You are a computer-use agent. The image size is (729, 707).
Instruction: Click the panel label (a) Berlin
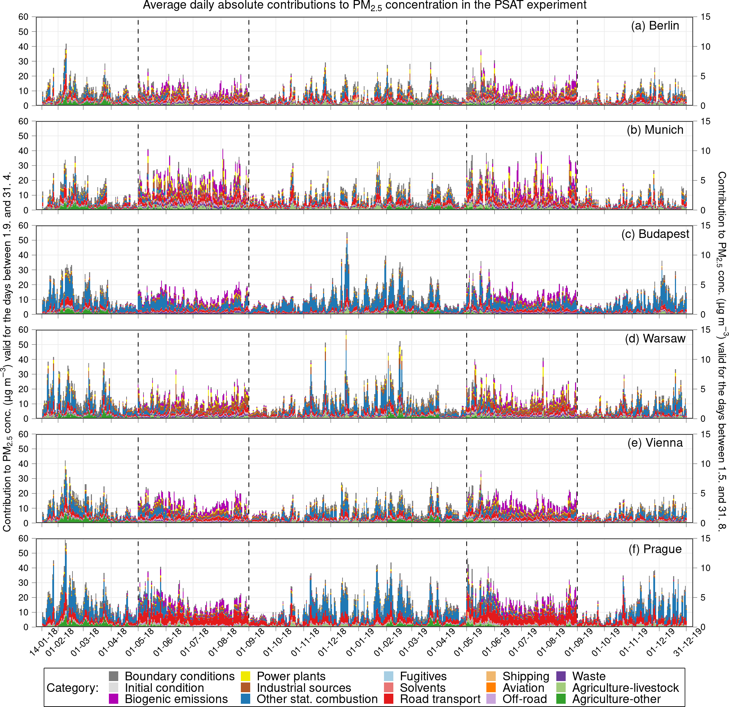[x=655, y=26]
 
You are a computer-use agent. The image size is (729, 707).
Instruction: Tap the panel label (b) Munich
[x=655, y=130]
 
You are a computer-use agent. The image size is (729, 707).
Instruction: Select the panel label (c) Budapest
[x=655, y=234]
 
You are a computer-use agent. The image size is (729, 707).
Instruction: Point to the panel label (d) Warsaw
[x=655, y=339]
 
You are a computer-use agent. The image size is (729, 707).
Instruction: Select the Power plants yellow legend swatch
[x=246, y=676]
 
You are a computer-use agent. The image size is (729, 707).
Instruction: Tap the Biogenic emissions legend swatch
[x=114, y=699]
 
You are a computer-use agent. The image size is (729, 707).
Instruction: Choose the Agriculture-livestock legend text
[x=625, y=688]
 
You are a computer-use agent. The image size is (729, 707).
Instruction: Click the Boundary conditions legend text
[x=180, y=676]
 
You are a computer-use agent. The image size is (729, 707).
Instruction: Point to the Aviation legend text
[x=523, y=688]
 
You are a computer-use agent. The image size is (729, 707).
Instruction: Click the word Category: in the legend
[x=72, y=688]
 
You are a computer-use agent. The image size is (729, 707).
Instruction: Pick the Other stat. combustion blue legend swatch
[x=246, y=699]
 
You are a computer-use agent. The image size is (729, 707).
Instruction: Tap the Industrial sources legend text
[x=304, y=688]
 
